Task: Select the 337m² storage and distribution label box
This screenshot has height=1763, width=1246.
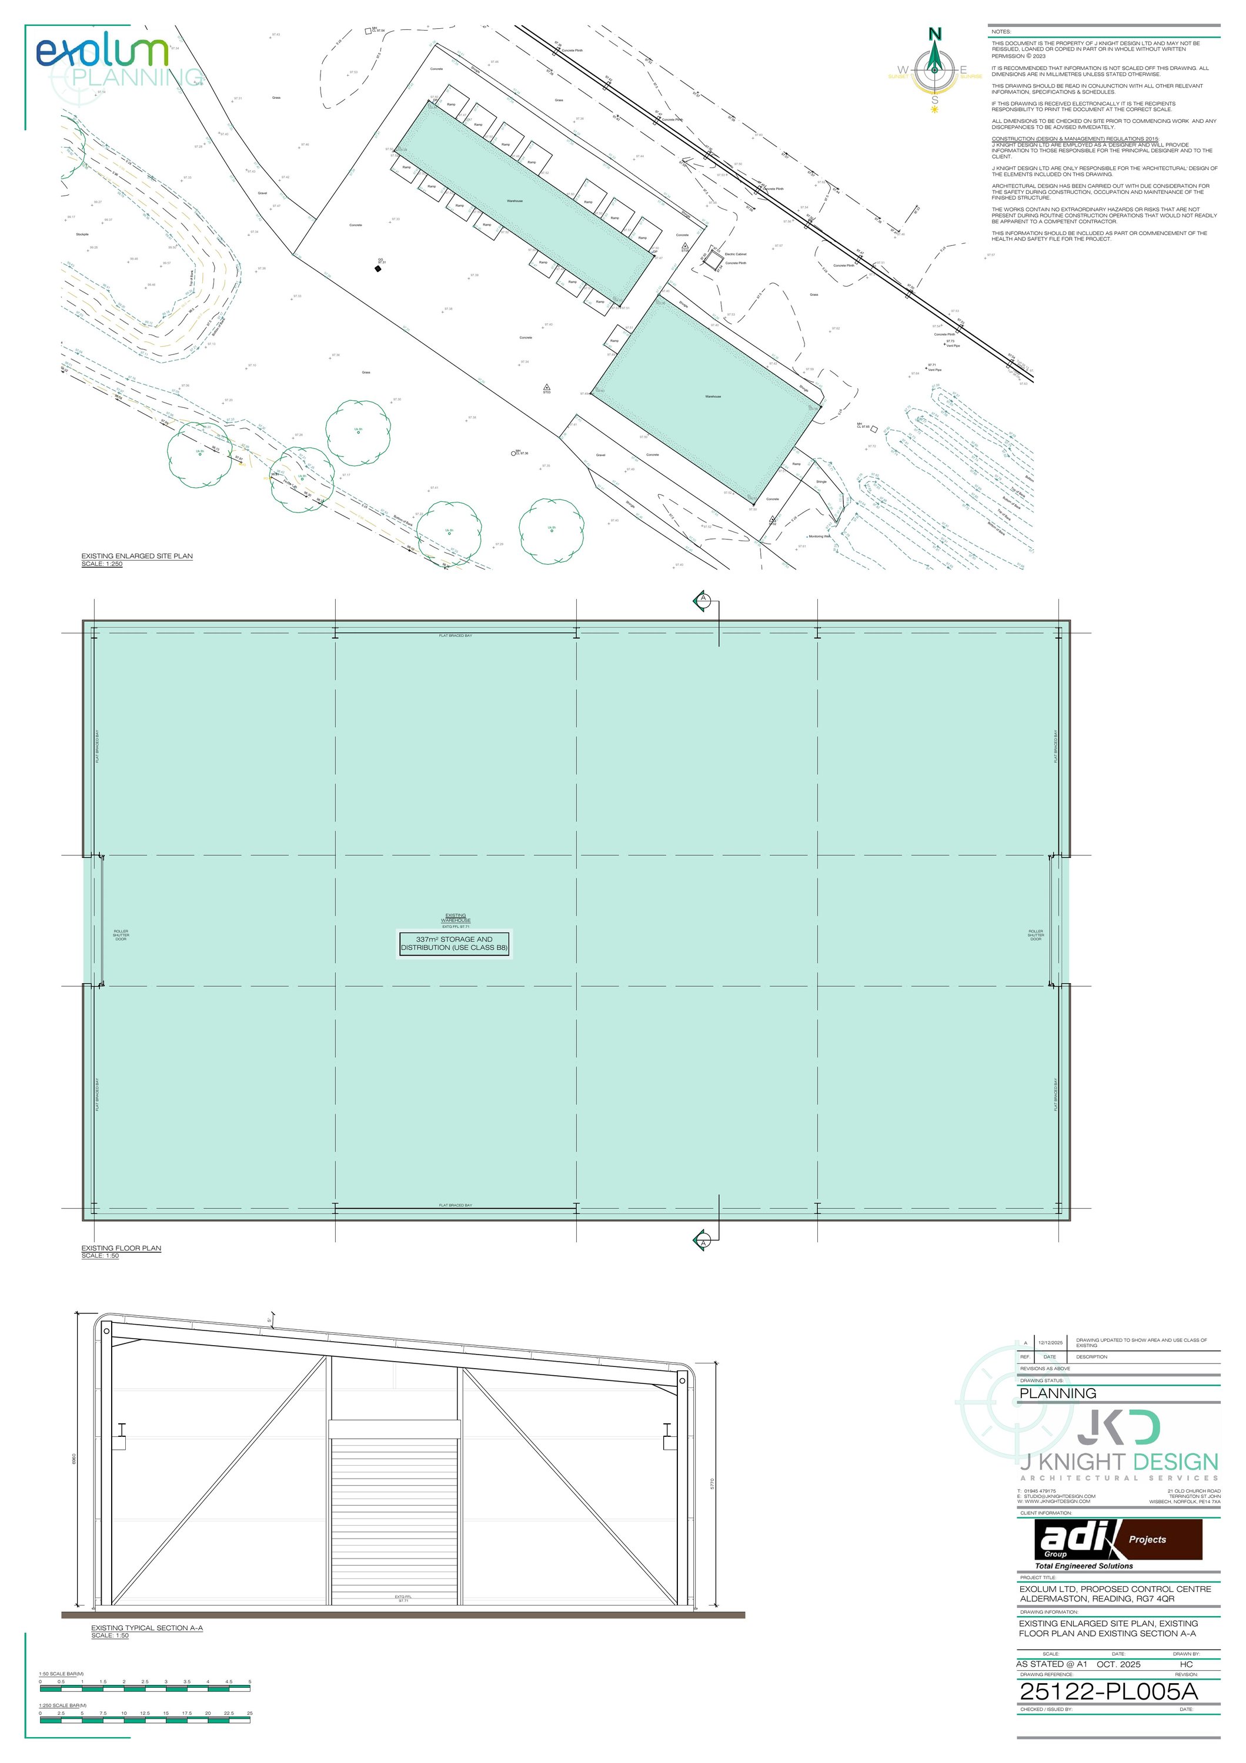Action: [x=454, y=944]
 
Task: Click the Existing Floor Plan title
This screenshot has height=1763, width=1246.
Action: [x=121, y=1248]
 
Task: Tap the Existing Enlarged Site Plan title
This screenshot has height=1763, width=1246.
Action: [x=137, y=556]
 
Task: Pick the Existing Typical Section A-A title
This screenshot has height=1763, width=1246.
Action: [x=147, y=1627]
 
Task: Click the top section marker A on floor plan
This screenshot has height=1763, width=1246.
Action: [x=701, y=598]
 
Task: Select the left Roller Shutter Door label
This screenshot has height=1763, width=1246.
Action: [x=121, y=935]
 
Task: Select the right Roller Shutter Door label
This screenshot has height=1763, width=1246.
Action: [x=1035, y=935]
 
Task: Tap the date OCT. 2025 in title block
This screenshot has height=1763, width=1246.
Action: [x=1118, y=1664]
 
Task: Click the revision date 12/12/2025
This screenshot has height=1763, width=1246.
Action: [x=1050, y=1343]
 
